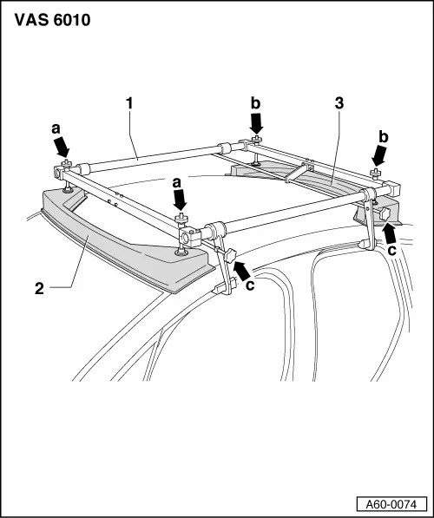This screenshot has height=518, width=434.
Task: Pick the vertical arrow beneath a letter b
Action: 255,124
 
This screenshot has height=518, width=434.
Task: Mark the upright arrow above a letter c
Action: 391,230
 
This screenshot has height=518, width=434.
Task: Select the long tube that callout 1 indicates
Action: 156,157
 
